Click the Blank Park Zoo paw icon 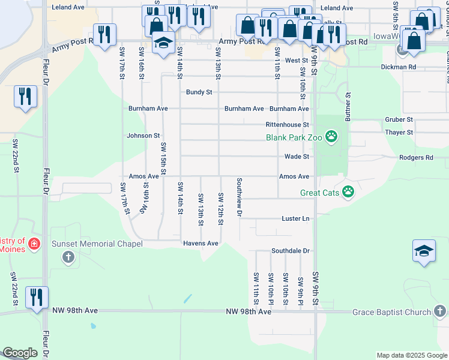pyautogui.click(x=331, y=137)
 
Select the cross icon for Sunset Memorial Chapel pyautogui.click(x=68, y=257)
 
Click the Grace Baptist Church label pyautogui.click(x=391, y=312)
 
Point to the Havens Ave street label pyautogui.click(x=200, y=244)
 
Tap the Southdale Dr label pyautogui.click(x=290, y=251)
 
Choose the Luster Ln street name pyautogui.click(x=295, y=219)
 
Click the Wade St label pyautogui.click(x=297, y=157)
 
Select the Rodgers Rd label pyautogui.click(x=416, y=158)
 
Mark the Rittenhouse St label pyautogui.click(x=287, y=125)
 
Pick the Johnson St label pyautogui.click(x=143, y=136)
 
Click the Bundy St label pyautogui.click(x=199, y=92)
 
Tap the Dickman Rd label pyautogui.click(x=398, y=67)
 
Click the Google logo pyautogui.click(x=20, y=353)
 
